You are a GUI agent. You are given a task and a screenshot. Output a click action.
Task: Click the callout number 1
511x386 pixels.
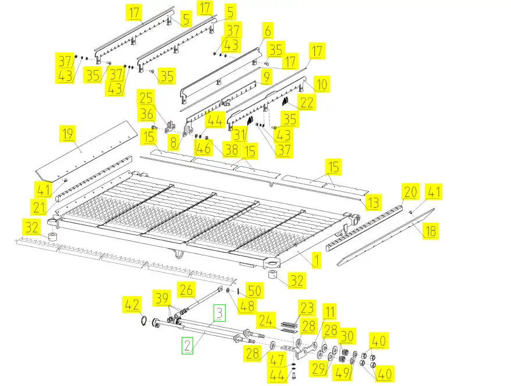coord(315,259)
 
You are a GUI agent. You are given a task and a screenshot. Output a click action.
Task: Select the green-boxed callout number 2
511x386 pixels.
coord(187,345)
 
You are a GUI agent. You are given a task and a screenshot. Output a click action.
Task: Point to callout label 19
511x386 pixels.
coord(68,135)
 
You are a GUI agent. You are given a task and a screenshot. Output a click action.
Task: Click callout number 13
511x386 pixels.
coord(373,202)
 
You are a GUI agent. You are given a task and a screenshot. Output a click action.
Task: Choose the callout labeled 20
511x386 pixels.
coord(411,191)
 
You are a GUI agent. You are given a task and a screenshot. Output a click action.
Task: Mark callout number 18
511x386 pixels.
coord(430,231)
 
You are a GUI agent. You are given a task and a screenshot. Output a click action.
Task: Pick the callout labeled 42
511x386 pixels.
coord(132,304)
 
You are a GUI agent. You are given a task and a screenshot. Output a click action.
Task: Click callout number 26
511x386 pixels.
coord(186,289)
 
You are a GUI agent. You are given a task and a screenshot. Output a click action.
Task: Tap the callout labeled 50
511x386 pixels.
coord(254,290)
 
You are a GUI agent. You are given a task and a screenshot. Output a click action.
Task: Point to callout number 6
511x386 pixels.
coord(268,30)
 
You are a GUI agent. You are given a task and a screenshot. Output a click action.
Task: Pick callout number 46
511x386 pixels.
coord(203,148)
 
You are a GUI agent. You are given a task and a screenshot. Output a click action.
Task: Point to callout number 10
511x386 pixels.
coord(321,85)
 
